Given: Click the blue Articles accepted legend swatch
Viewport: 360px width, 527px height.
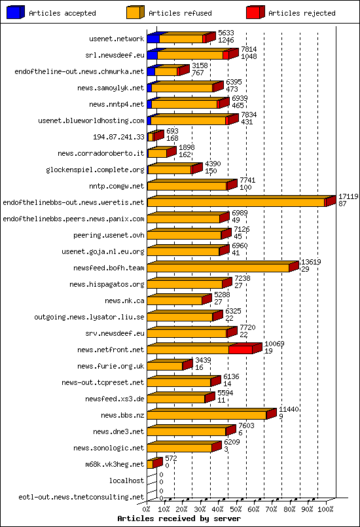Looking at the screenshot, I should click(15, 12).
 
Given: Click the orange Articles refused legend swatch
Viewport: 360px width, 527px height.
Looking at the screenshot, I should click(135, 12).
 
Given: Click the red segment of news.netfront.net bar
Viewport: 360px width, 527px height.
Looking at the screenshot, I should click(240, 350).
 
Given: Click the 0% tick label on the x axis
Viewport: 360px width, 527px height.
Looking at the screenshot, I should click(147, 508).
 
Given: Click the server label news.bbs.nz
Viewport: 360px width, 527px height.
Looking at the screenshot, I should click(122, 415).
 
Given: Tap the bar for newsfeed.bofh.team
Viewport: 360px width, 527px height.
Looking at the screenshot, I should click(218, 268).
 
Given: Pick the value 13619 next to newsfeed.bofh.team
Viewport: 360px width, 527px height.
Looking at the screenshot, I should click(310, 262).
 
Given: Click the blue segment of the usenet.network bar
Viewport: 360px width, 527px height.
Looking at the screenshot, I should click(153, 39).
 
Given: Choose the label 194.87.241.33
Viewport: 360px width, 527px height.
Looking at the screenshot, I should click(118, 137).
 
